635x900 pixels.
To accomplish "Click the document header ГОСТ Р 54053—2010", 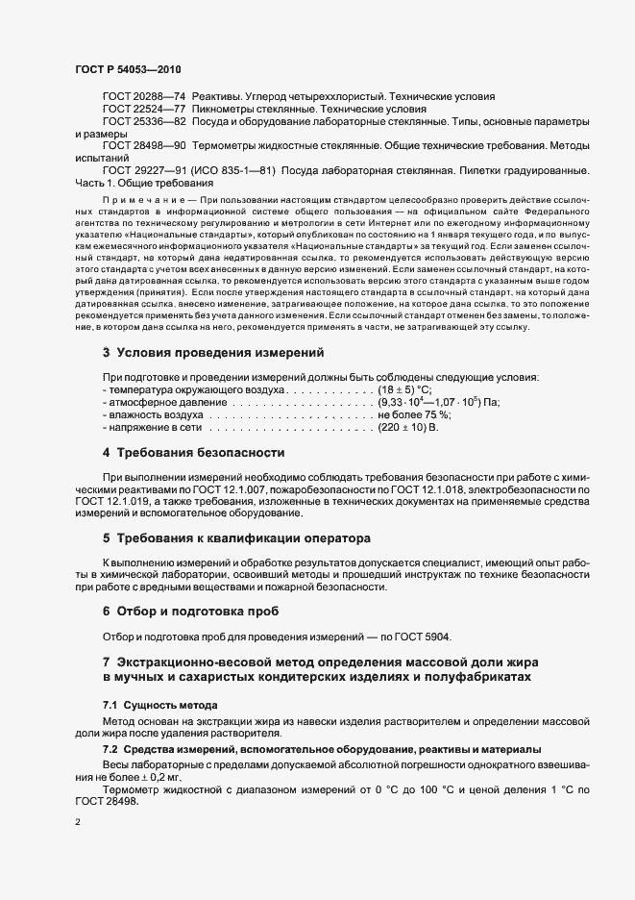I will tap(127, 70).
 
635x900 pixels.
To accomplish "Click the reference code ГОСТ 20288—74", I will tap(144, 97).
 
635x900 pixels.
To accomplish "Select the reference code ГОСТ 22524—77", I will tap(144, 110).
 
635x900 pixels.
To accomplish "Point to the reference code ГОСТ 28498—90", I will tap(144, 145).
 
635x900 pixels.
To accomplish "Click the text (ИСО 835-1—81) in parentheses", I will tap(238, 170).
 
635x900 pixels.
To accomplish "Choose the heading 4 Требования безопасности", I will tap(193, 452).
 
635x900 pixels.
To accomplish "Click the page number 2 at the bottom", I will tap(77, 824).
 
